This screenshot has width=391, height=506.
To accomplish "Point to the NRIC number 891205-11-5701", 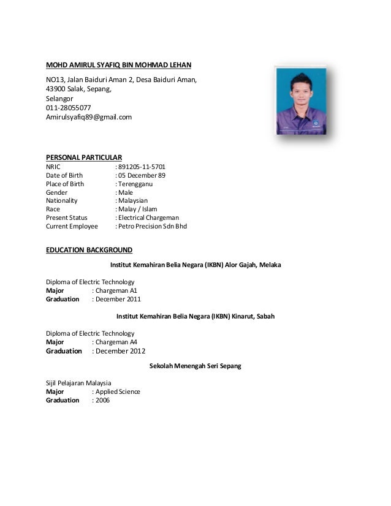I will [142, 166].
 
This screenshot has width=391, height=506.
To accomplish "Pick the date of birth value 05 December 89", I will [142, 175].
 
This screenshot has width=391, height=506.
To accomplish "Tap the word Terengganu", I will [135, 183].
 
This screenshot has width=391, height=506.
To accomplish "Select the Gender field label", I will [57, 192].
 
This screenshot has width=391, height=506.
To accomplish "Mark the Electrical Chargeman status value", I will [149, 217].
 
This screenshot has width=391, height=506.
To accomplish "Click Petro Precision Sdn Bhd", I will [153, 226].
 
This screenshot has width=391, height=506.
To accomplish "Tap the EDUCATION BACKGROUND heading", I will [89, 250].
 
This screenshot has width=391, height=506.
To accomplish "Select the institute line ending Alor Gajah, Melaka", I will [195, 265].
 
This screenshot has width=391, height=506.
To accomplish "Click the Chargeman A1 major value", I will [116, 291].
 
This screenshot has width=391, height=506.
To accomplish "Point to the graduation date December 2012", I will [121, 351].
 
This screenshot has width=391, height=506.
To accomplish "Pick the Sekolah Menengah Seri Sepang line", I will [195, 366].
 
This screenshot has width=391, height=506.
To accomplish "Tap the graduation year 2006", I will [102, 400].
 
